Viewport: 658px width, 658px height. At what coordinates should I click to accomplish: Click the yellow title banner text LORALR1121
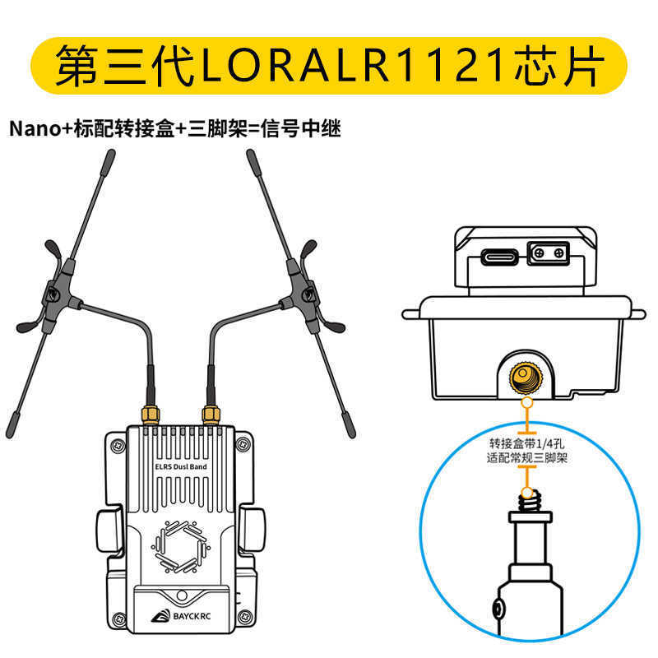pos(353,66)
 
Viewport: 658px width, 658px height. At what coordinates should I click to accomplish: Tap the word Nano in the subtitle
pos(35,128)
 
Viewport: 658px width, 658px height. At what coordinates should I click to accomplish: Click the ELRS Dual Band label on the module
pos(181,466)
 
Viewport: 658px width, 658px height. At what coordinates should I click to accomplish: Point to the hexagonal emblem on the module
pos(181,547)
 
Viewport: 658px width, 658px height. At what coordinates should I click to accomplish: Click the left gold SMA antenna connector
pos(151,415)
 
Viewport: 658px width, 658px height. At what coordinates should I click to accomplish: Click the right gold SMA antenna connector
pos(211,415)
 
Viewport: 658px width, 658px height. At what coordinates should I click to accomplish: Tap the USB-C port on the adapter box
pos(499,257)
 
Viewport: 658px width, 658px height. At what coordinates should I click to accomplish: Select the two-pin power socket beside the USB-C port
pos(548,253)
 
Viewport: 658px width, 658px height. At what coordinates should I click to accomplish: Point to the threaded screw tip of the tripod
pos(529,502)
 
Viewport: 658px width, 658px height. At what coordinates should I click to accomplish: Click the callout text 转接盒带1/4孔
pos(526,443)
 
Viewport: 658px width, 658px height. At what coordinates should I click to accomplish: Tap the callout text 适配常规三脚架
pos(526,457)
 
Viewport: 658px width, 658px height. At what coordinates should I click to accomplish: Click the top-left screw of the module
pos(118,445)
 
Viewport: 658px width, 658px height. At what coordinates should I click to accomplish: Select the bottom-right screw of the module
pos(244,618)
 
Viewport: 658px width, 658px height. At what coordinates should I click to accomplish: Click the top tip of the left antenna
pos(111,152)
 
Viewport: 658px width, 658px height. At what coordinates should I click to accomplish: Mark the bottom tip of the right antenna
pos(352,435)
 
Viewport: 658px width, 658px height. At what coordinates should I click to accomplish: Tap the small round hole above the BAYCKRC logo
pos(182,595)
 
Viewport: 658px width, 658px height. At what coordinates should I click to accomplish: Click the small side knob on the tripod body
pos(498,608)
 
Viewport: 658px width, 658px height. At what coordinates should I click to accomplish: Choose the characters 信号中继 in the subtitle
pos(300,128)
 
